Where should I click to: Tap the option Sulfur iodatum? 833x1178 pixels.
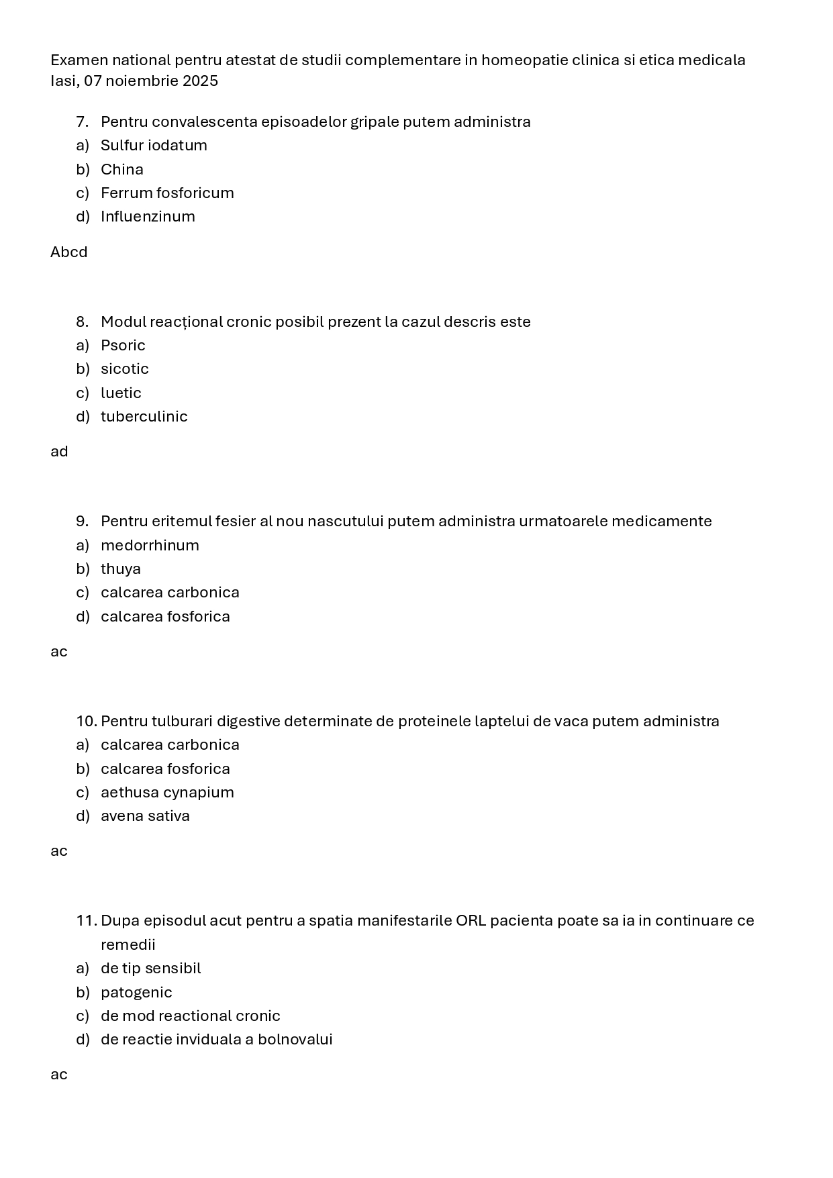154,146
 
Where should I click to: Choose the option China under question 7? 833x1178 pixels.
121,169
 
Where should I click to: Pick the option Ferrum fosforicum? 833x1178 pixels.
167,193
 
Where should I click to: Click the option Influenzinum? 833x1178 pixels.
148,217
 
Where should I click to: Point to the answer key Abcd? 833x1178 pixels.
68,252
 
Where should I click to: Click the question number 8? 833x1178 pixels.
82,322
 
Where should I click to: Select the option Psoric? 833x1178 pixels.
123,346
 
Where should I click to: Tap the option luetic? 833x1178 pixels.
121,393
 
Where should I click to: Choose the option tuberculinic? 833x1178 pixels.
144,417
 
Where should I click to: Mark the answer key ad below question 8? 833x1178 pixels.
59,452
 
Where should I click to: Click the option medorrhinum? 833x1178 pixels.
150,546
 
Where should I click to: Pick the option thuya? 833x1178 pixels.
121,569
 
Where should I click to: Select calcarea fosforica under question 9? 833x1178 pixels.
165,617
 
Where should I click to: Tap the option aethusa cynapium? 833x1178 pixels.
167,793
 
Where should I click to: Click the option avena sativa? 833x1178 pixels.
145,816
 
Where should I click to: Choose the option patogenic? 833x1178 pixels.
136,993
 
